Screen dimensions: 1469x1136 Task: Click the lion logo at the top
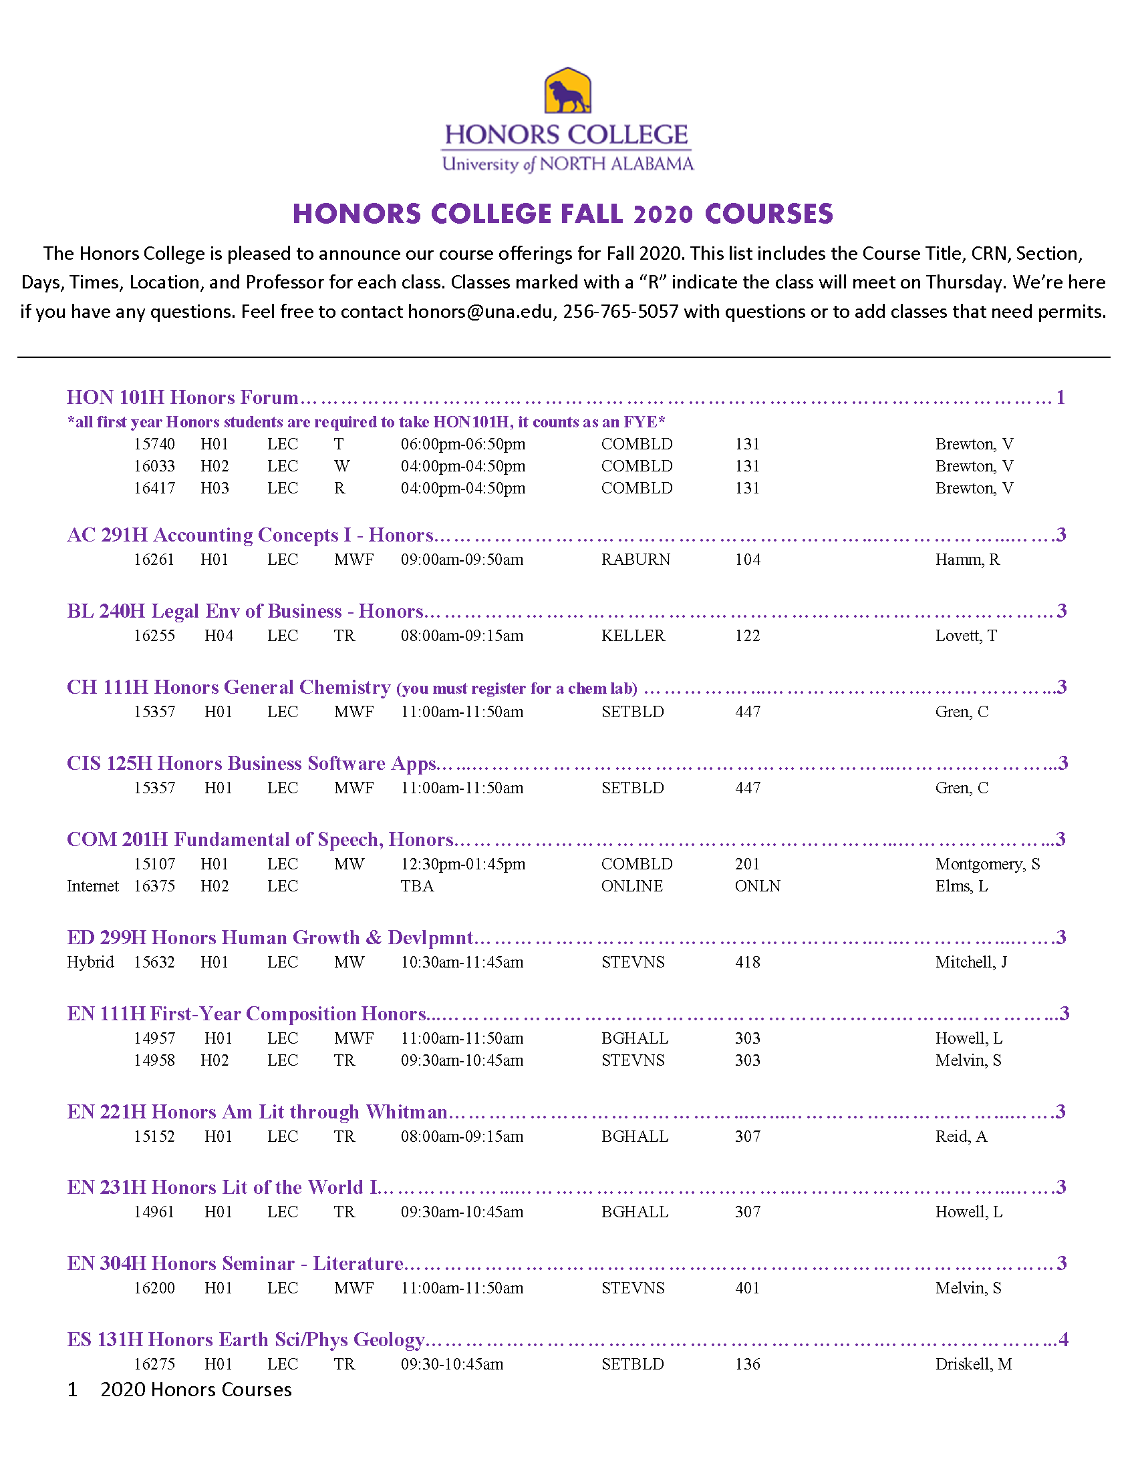pos(567,91)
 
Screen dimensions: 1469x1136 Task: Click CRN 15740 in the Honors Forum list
pos(154,444)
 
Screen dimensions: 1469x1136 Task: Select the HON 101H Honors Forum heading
pos(182,397)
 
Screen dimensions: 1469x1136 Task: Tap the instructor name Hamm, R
pos(967,560)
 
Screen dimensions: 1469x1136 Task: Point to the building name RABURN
pos(635,560)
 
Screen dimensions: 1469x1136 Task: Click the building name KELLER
pos(633,636)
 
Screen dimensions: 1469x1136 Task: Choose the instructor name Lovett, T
pos(966,636)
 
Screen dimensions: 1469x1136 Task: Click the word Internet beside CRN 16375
pos(93,886)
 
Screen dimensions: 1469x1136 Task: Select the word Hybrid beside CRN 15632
pos(90,962)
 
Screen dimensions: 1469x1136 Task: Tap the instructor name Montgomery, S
pos(987,863)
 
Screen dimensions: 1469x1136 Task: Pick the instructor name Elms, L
pos(961,886)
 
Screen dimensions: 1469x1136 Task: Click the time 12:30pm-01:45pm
pos(463,863)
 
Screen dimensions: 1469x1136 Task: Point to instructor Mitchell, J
pos(971,962)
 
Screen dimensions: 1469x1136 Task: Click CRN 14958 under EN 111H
pos(154,1060)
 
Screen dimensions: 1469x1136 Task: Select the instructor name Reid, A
pos(961,1136)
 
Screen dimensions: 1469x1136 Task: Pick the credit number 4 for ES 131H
pos(1063,1339)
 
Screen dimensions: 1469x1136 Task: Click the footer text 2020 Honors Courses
pos(196,1390)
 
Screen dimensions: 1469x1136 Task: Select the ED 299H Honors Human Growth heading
pos(270,937)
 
